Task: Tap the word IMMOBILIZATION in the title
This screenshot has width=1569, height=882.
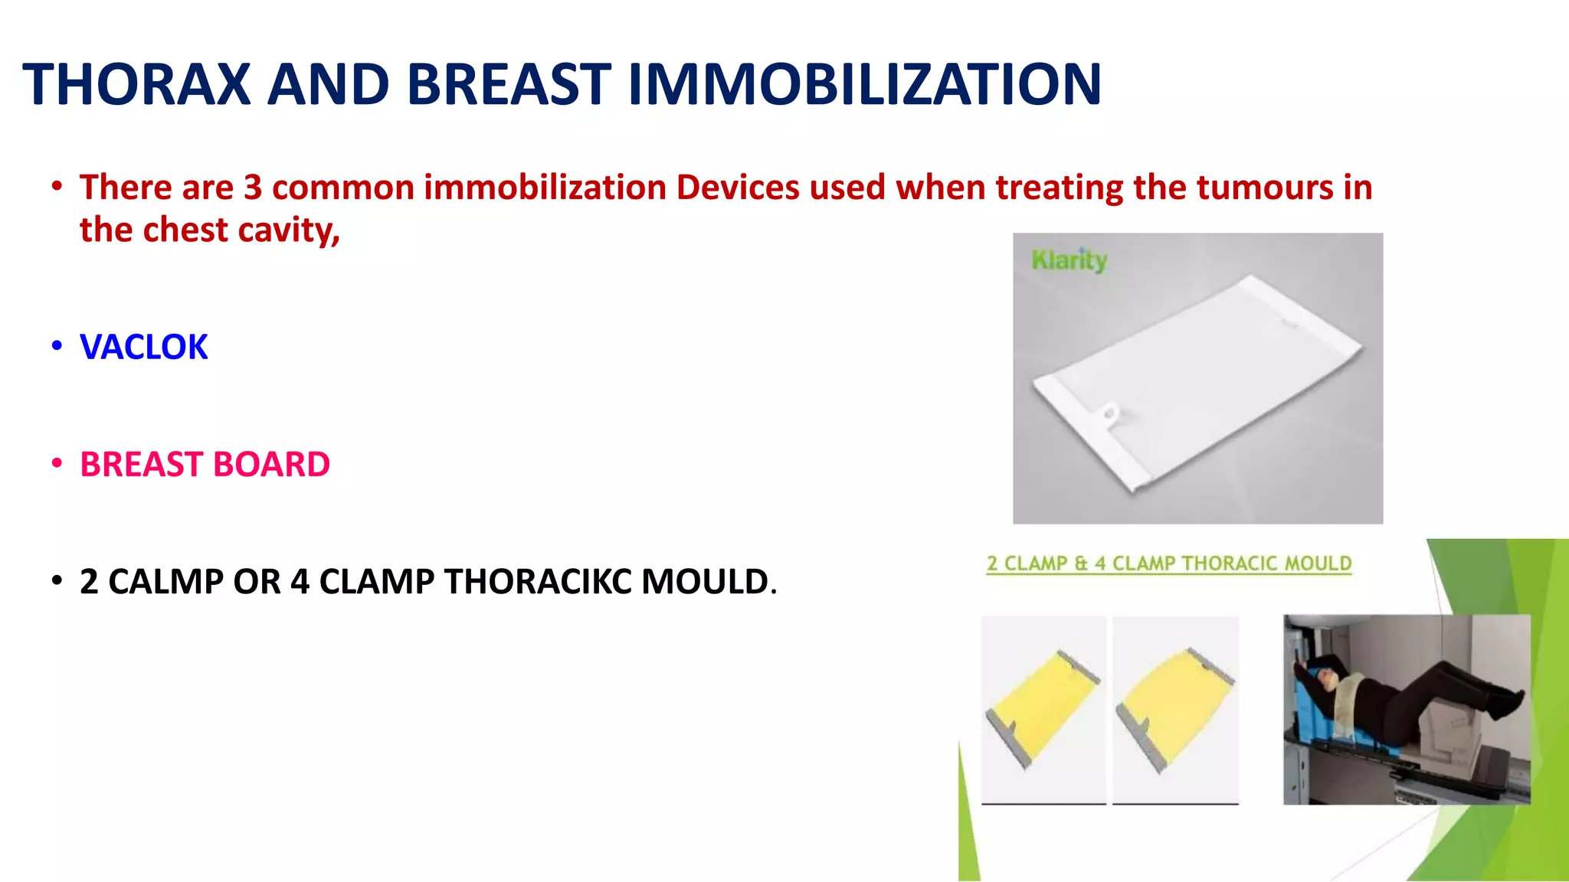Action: [864, 84]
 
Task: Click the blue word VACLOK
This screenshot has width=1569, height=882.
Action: [143, 347]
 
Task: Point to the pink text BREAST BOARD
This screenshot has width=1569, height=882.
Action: [205, 465]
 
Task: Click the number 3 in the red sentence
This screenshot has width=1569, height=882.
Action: [253, 188]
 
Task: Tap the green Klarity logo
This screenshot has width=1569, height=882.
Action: [1069, 260]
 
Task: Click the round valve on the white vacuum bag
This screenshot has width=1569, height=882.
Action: [1109, 415]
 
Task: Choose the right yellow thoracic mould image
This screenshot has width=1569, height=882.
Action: [1175, 708]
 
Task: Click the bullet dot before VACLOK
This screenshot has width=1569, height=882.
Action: [57, 346]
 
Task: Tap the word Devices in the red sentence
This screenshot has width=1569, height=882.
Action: [737, 188]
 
